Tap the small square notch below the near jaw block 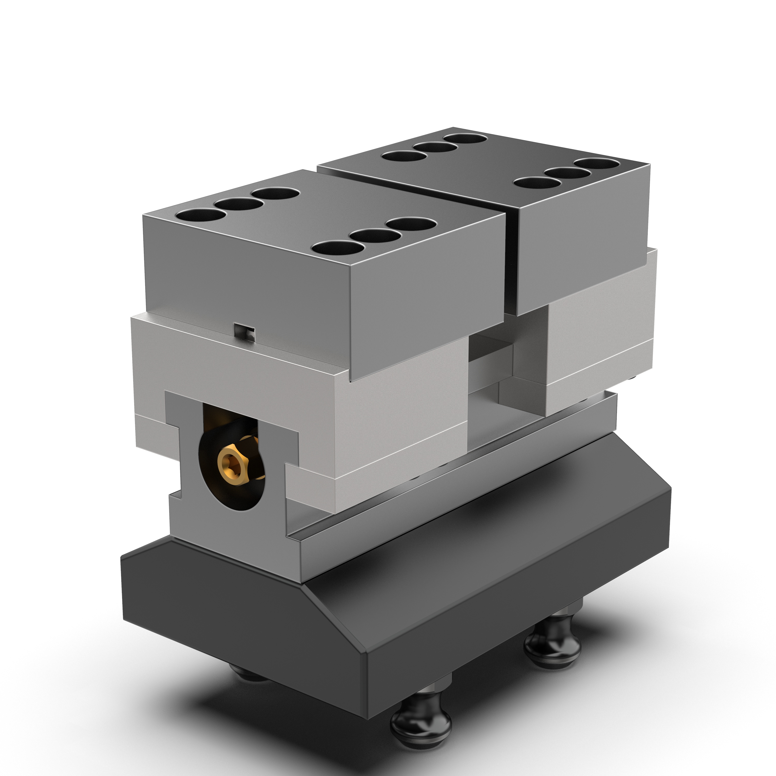click(x=245, y=332)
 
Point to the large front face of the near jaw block click(x=426, y=305)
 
